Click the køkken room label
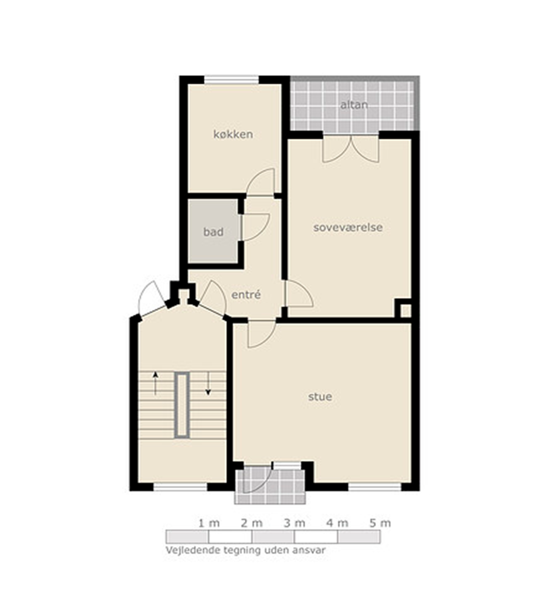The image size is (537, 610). click(233, 134)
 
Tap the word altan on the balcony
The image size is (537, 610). click(354, 105)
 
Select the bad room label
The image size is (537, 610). click(213, 232)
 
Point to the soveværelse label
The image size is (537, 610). click(348, 227)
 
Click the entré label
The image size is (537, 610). click(246, 294)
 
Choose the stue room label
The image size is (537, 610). click(320, 397)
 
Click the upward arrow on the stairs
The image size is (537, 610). click(155, 383)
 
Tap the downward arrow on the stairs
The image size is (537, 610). click(208, 383)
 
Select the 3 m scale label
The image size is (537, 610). click(294, 523)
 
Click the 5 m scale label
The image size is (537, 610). click(380, 523)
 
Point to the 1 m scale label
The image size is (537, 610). click(209, 523)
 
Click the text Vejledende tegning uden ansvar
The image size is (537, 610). click(246, 550)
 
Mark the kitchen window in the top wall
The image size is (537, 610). click(232, 80)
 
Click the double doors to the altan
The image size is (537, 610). click(351, 149)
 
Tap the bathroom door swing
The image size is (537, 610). click(255, 227)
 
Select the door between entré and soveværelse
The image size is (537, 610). click(299, 294)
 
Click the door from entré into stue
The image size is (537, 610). click(261, 333)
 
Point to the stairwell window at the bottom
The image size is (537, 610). click(180, 487)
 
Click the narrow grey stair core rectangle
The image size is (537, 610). click(182, 405)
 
